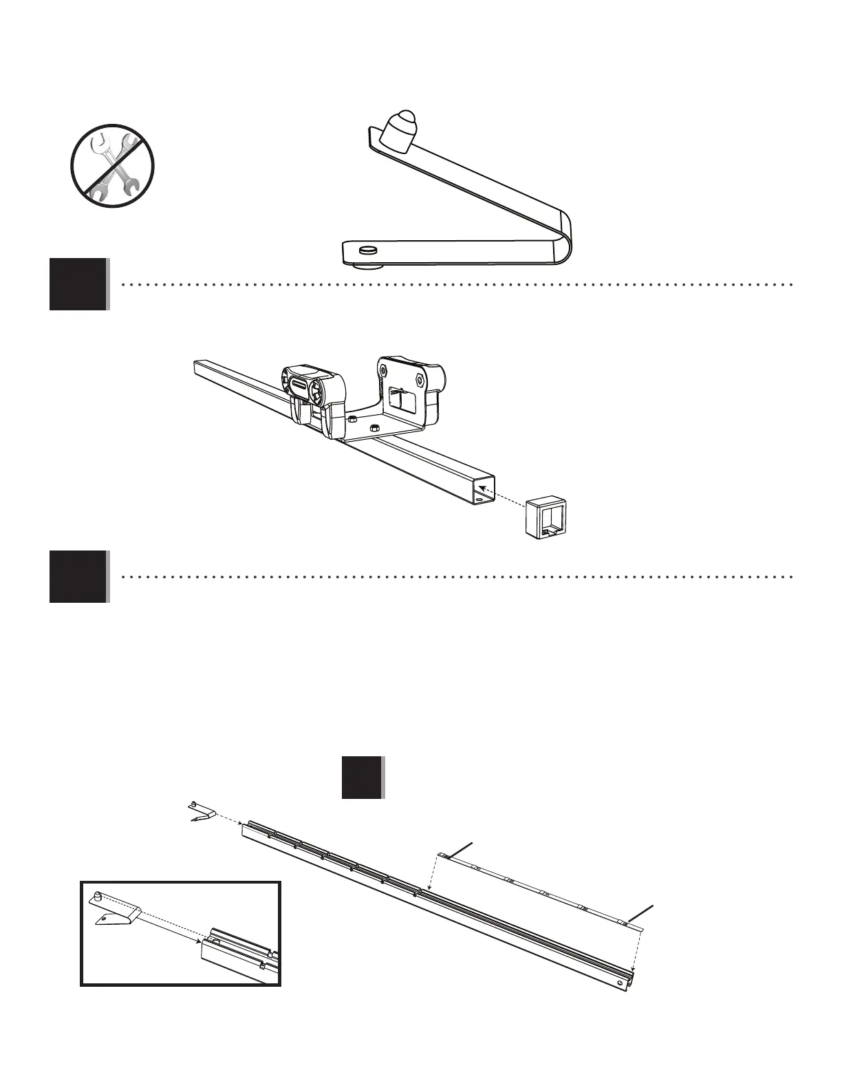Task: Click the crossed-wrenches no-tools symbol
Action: click(112, 165)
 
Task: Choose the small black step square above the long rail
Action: click(362, 778)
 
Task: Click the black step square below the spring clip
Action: click(78, 284)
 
